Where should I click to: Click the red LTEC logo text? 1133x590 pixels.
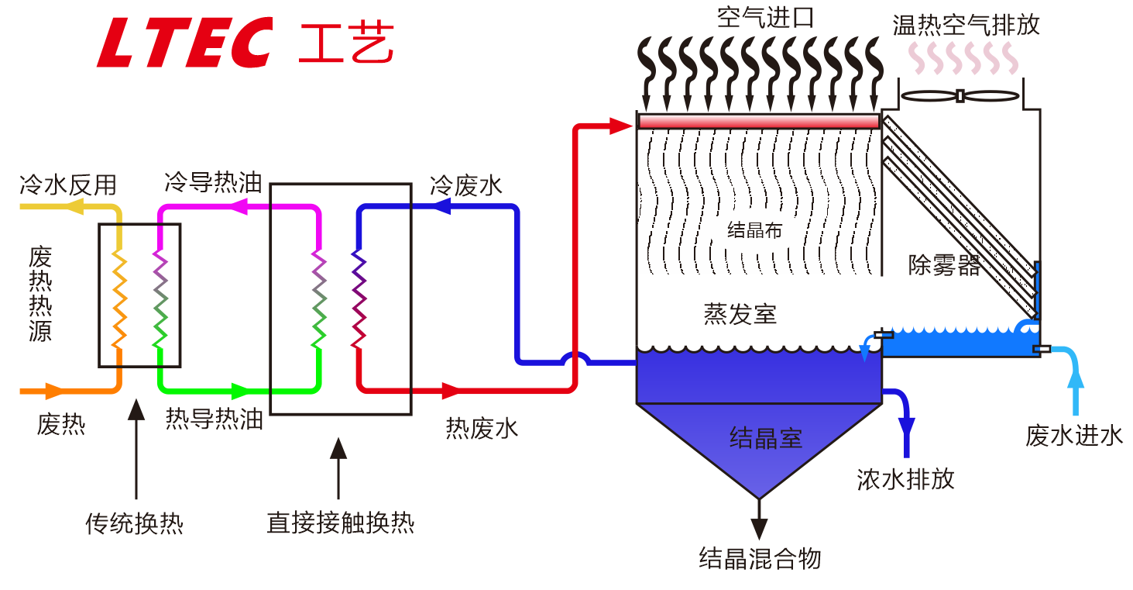[x=184, y=43]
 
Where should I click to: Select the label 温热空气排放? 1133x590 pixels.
[x=966, y=24]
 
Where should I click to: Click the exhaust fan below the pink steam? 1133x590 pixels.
[x=960, y=96]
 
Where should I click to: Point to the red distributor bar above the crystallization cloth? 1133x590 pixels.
[x=758, y=121]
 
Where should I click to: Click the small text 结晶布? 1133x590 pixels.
[x=754, y=230]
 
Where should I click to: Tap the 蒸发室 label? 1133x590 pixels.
[x=740, y=314]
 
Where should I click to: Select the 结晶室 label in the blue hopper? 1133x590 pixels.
[x=765, y=438]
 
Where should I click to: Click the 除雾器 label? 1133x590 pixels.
[x=944, y=266]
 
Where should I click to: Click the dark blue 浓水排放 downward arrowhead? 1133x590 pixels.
[x=906, y=428]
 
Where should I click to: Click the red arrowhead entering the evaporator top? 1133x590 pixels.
[x=620, y=126]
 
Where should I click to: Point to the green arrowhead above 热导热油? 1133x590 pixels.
[x=241, y=391]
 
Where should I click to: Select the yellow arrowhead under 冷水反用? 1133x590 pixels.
[x=74, y=207]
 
